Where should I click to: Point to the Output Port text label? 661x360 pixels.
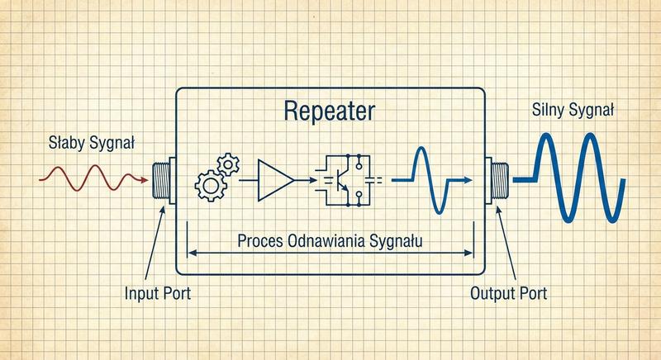(x=508, y=293)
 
